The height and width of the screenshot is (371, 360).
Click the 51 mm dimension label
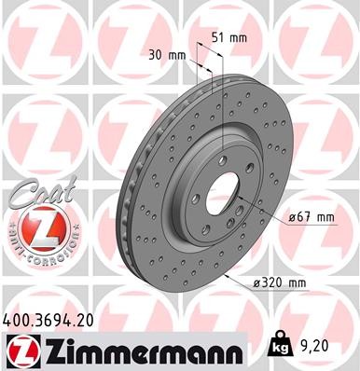[x=230, y=38]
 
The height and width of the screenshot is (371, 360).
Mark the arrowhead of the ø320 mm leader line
[x=223, y=278]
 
